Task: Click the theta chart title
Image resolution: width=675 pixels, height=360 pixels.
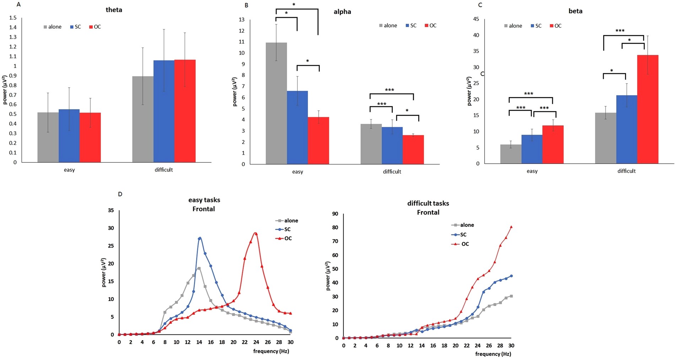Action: click(114, 10)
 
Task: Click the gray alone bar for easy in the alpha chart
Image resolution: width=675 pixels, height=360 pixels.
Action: click(276, 103)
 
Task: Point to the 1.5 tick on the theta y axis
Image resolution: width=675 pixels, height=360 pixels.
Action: click(13, 18)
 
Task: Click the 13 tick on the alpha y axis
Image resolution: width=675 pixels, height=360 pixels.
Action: click(242, 20)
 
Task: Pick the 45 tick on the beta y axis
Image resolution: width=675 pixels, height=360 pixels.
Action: click(476, 19)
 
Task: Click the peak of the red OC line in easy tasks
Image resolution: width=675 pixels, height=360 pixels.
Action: click(255, 233)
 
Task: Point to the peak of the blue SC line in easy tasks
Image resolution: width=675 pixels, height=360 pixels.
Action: click(200, 238)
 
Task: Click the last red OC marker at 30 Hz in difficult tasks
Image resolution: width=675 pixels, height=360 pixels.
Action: click(511, 227)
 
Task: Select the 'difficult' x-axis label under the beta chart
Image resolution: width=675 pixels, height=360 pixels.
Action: click(626, 171)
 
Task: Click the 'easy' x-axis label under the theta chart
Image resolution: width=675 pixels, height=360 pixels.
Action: click(69, 170)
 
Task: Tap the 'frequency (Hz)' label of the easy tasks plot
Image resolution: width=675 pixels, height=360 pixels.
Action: click(271, 351)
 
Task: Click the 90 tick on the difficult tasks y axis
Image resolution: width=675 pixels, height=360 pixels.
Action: click(335, 214)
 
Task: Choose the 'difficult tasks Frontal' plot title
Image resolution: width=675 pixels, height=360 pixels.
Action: click(428, 208)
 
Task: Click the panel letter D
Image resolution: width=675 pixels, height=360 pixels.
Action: click(120, 194)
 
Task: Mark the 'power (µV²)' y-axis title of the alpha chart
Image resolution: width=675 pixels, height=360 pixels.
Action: click(235, 92)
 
